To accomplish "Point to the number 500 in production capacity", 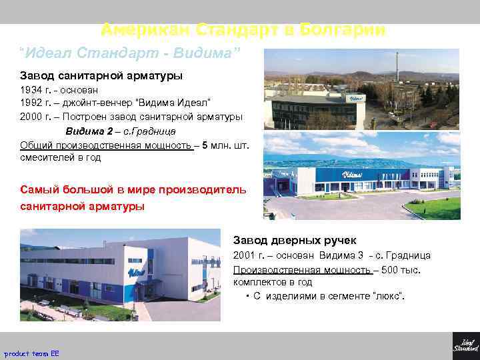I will (391, 269).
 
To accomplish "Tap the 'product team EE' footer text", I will (31, 353).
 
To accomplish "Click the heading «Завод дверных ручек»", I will (295, 240).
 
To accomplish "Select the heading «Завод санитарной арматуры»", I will (101, 75).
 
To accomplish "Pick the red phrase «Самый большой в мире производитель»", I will (133, 189).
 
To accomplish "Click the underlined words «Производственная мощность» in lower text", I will (301, 269).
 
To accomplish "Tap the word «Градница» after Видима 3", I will (409, 255).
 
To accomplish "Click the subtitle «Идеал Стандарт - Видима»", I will (130, 52).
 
